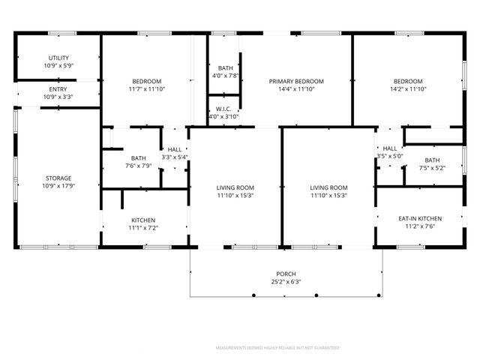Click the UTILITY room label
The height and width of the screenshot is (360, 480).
pyautogui.click(x=58, y=58)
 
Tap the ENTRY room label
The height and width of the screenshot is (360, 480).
pyautogui.click(x=58, y=88)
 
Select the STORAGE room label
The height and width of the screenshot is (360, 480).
pyautogui.click(x=58, y=178)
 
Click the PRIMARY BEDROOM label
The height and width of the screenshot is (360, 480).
pyautogui.click(x=296, y=81)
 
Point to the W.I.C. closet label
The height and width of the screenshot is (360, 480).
pyautogui.click(x=223, y=108)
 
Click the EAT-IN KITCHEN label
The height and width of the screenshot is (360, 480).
pyautogui.click(x=419, y=218)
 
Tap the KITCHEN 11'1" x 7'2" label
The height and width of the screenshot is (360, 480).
pyautogui.click(x=142, y=220)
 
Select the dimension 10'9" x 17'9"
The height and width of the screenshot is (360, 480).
pyautogui.click(x=58, y=186)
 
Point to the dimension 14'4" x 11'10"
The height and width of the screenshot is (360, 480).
pyautogui.click(x=296, y=89)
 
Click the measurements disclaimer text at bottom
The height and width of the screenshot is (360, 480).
pyautogui.click(x=277, y=348)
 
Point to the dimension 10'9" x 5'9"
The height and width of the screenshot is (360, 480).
pyautogui.click(x=58, y=66)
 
